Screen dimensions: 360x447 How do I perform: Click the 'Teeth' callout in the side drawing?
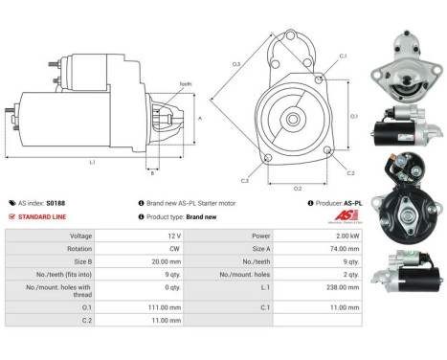186,84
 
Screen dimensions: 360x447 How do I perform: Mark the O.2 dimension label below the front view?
298,188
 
